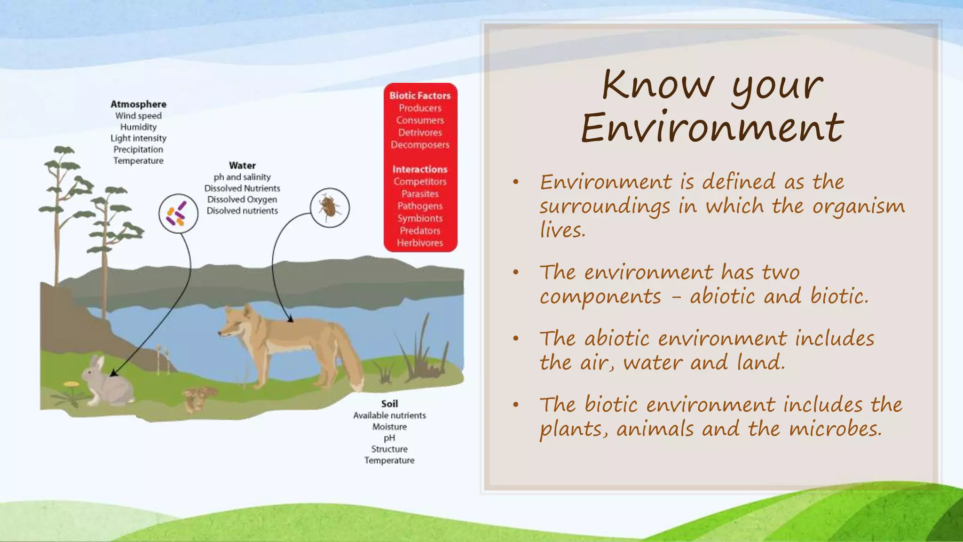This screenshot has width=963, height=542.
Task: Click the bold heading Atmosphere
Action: pos(138,104)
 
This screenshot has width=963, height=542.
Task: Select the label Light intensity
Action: pos(138,138)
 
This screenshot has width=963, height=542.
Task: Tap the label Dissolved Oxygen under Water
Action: pos(242,199)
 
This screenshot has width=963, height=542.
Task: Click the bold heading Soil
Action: pos(389,404)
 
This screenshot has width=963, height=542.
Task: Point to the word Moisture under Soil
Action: pos(389,427)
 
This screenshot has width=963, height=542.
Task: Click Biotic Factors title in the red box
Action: pos(420,96)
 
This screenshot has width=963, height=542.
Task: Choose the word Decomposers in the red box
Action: pos(420,145)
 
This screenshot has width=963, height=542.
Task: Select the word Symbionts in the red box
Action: pos(420,218)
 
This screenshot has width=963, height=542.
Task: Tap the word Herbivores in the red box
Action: pos(420,243)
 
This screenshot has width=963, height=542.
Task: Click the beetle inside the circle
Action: pos(330,207)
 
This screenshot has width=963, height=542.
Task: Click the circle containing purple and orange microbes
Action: pos(178,214)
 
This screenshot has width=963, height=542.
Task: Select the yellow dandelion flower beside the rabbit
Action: pos(71,385)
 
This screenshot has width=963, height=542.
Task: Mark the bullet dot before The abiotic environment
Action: pos(516,338)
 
